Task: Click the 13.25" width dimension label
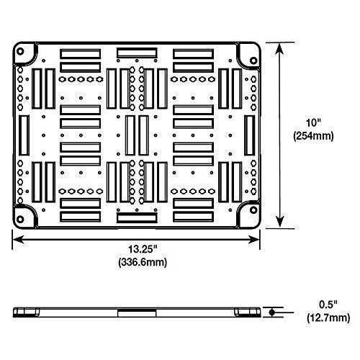[x=143, y=249]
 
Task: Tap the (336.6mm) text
[x=143, y=262]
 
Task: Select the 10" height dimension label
[x=313, y=123]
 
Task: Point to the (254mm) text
[x=313, y=136]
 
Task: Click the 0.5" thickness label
[x=328, y=305]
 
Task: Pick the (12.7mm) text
[x=328, y=318]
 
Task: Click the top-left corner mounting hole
[x=20, y=51]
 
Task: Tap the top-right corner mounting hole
[x=253, y=60]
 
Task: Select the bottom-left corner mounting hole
[x=20, y=219]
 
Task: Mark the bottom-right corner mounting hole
[x=253, y=210]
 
